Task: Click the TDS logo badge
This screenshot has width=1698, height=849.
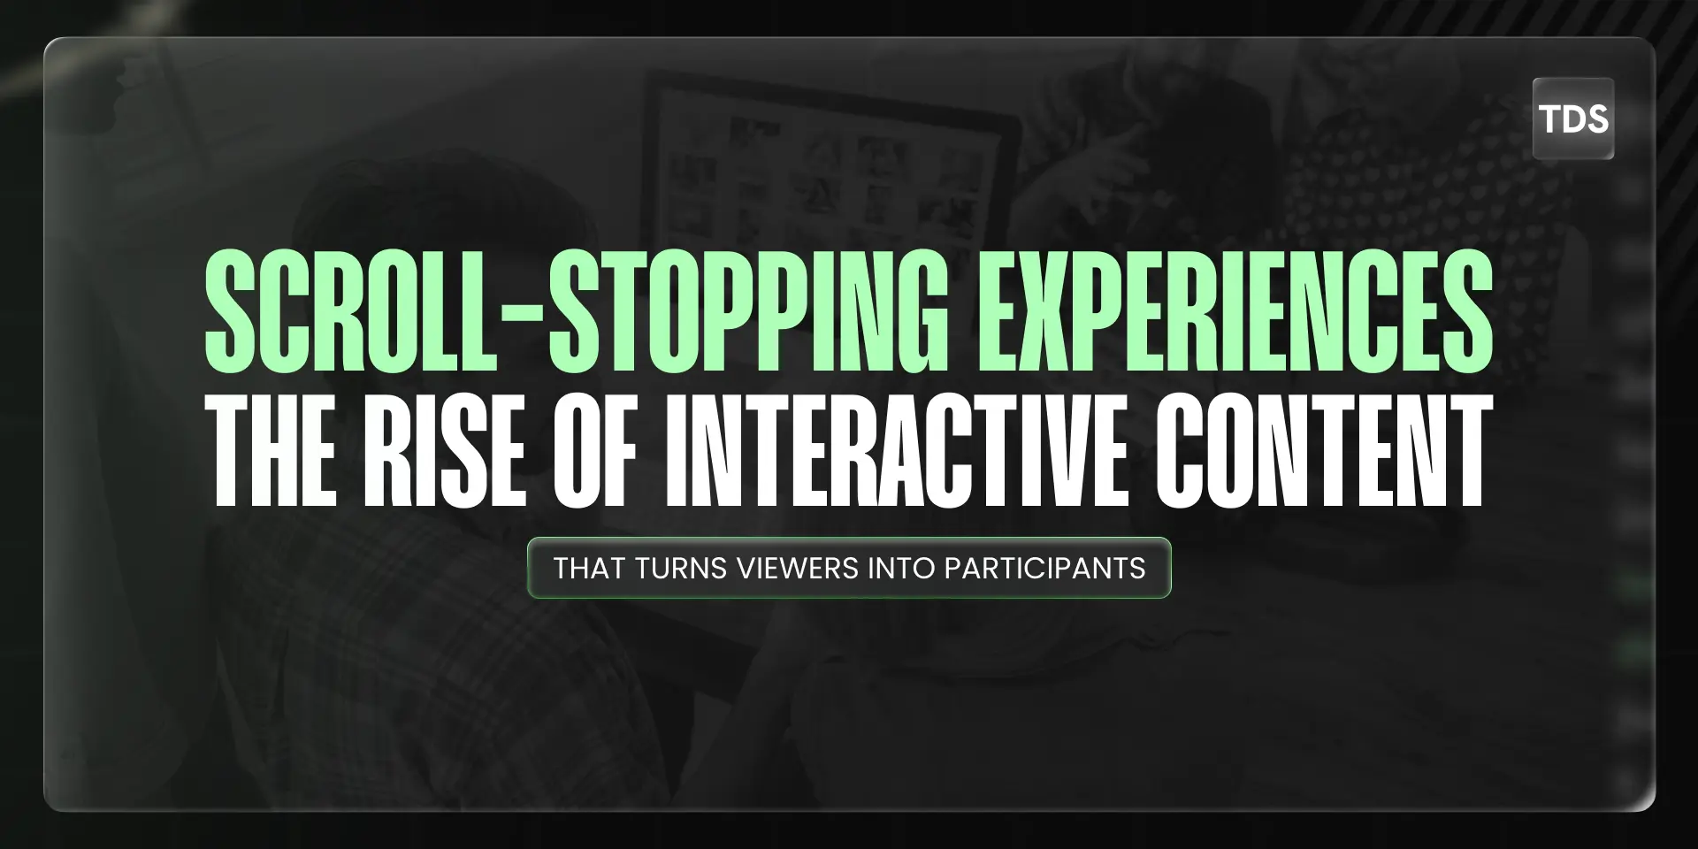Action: tap(1572, 119)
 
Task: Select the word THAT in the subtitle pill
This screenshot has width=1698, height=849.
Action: tap(589, 568)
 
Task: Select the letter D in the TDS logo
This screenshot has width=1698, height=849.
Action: tap(1573, 119)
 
